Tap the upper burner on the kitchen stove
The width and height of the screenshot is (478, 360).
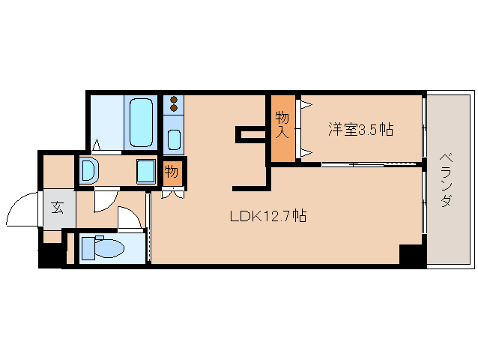pyautogui.click(x=174, y=99)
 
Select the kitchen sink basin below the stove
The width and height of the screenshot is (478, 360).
pyautogui.click(x=174, y=139)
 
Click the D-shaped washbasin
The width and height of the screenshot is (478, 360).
pyautogui.click(x=88, y=171)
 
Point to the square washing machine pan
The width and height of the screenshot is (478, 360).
pyautogui.click(x=145, y=172)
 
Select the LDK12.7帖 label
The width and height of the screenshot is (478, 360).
pyautogui.click(x=267, y=217)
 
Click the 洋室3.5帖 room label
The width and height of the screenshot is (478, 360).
pyautogui.click(x=360, y=129)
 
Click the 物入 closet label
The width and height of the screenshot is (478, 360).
pyautogui.click(x=282, y=124)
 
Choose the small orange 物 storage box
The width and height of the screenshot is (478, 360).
pyautogui.click(x=172, y=172)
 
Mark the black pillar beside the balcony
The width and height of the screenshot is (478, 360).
pyautogui.click(x=411, y=254)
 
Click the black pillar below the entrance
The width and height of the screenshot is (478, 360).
pyautogui.click(x=52, y=255)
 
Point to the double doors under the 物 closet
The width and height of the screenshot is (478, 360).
pyautogui.click(x=172, y=193)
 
